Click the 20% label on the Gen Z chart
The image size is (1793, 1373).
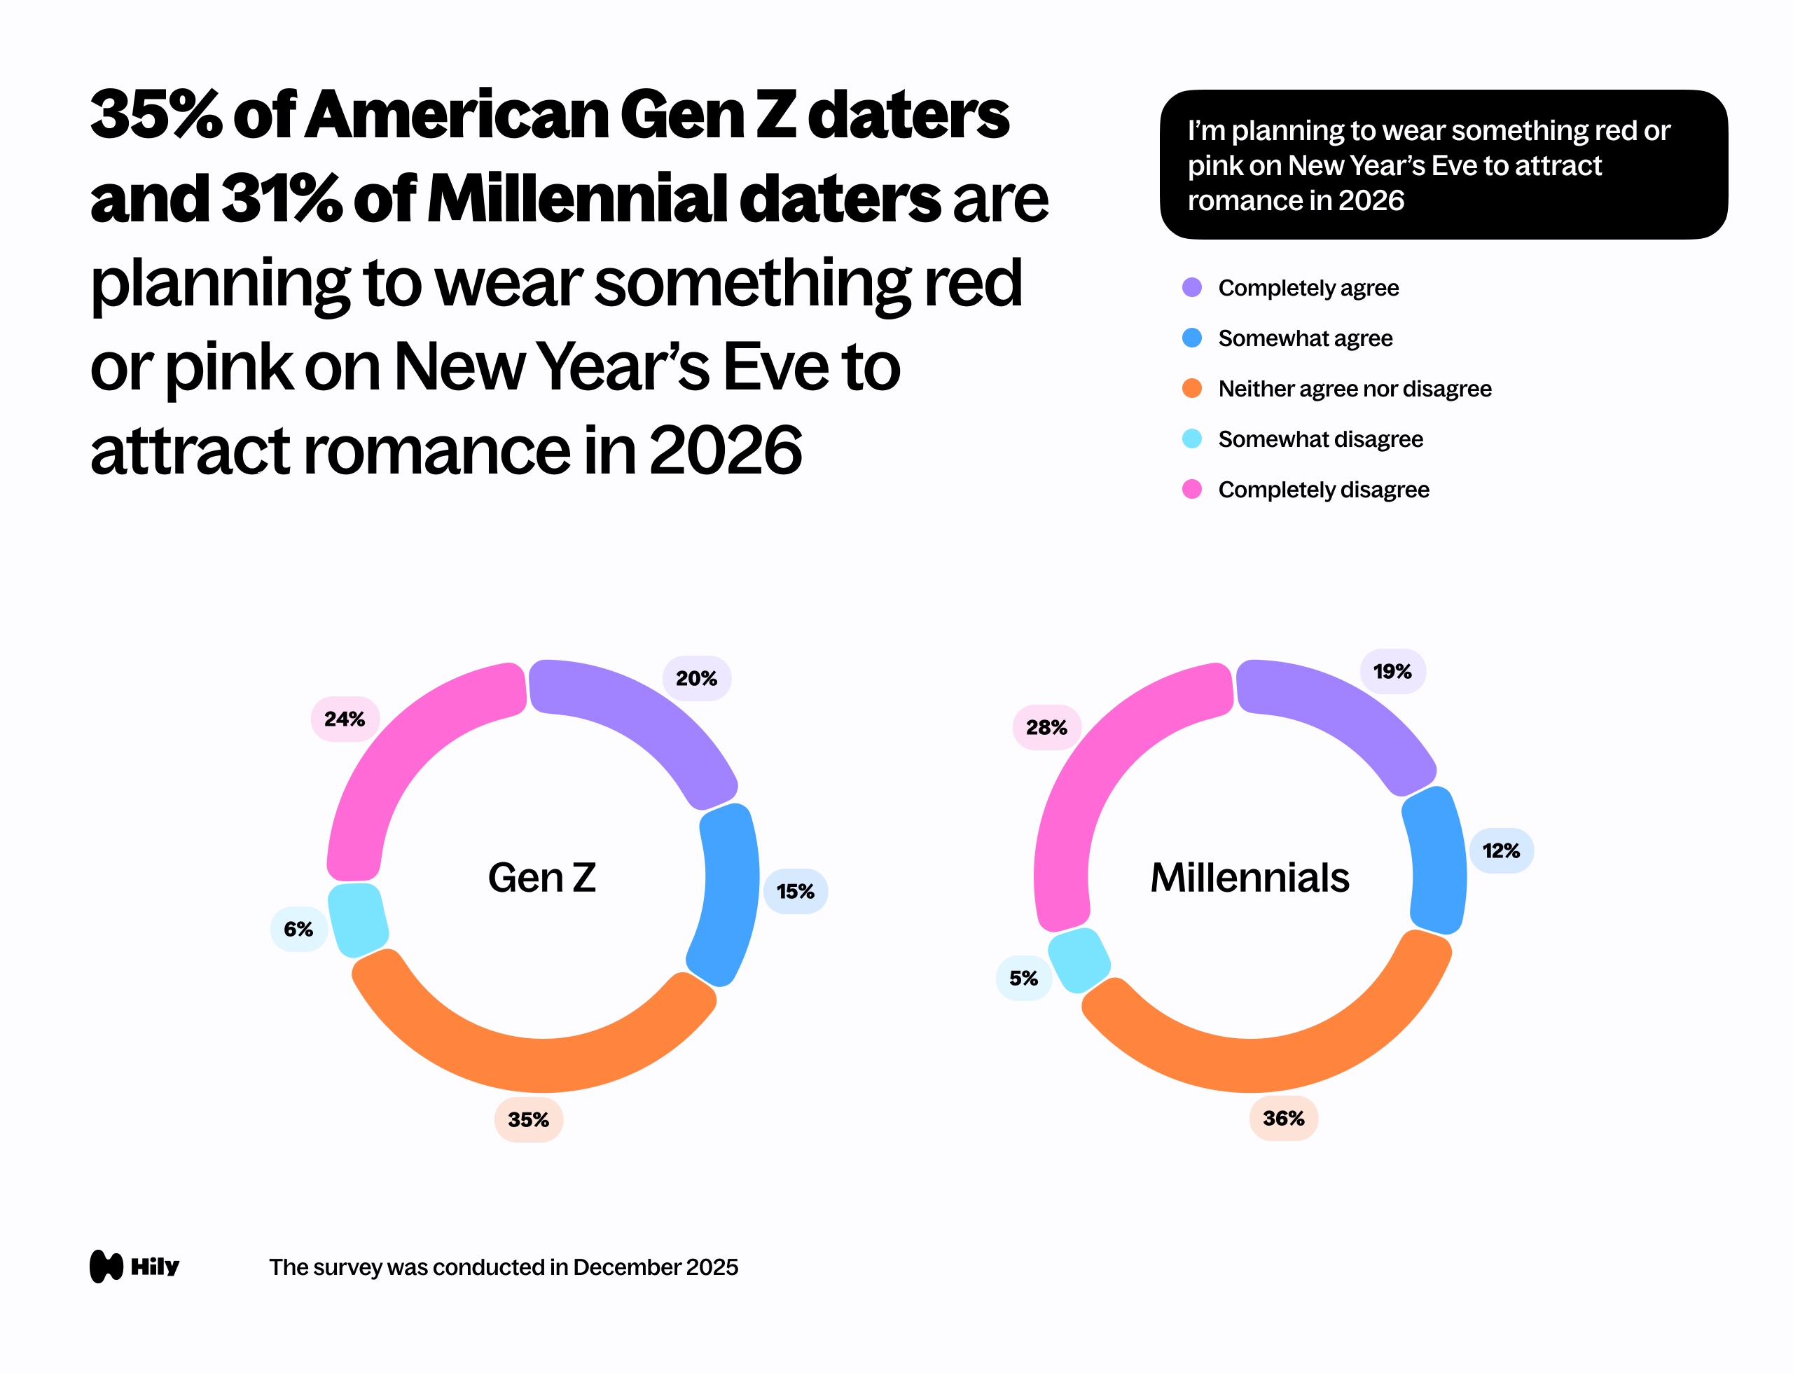pos(696,678)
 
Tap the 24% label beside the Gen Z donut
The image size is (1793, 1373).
pos(345,719)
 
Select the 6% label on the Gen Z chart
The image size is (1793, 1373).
pos(298,929)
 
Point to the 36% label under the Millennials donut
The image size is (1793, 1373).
pos(1283,1118)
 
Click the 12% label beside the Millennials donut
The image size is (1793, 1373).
pos(1500,850)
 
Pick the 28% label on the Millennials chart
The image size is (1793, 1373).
pos(1047,727)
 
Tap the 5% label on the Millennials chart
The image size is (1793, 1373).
pos(1023,978)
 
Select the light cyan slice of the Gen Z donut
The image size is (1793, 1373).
pos(357,919)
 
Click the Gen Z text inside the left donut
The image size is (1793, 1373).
pos(542,878)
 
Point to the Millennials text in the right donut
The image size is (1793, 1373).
pos(1249,878)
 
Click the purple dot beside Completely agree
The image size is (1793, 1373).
pos(1191,288)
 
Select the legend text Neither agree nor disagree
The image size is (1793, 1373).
pos(1354,389)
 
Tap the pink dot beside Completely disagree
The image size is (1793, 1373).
pos(1191,490)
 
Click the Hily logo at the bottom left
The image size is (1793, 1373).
pos(134,1266)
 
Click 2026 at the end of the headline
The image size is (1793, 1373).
pos(725,451)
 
